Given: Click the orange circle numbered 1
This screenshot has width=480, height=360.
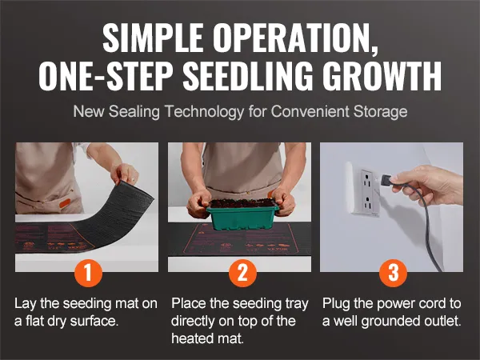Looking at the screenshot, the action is tap(88, 272).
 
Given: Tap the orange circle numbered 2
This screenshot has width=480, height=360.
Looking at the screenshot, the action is tap(242, 272).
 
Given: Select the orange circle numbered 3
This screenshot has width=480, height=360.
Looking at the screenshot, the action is tap(393, 272).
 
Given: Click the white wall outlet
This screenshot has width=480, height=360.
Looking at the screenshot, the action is tap(366, 193).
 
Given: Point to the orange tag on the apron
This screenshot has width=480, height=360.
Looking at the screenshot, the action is tap(64, 202).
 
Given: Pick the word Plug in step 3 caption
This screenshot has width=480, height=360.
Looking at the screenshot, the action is tap(336, 304).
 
